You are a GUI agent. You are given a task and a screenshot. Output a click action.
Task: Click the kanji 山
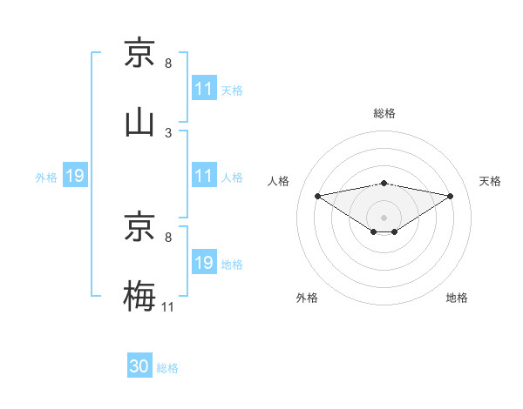point(139,123)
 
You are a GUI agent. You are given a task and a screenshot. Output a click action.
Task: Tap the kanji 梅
point(139,295)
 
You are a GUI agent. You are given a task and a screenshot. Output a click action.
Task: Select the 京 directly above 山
point(139,53)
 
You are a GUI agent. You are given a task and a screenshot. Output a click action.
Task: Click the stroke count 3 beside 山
point(167,133)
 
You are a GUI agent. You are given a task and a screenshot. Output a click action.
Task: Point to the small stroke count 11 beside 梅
point(167,306)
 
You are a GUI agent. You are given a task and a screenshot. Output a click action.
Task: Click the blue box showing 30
point(139,366)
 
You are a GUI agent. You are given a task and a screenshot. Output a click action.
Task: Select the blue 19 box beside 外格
point(75,177)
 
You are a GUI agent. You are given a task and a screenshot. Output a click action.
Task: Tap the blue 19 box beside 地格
point(204,263)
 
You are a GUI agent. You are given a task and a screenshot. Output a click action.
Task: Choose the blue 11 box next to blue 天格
point(204,89)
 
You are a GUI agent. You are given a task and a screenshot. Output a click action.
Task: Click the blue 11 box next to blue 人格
point(204,176)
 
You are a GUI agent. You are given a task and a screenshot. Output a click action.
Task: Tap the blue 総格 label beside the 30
point(167,368)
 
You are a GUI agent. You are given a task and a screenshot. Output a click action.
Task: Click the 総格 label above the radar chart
point(384,113)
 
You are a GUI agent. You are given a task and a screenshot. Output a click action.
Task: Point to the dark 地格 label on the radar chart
point(457,298)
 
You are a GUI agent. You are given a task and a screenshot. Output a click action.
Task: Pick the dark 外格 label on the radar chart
point(307,298)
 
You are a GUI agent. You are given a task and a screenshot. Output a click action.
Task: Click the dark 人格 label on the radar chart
point(279,181)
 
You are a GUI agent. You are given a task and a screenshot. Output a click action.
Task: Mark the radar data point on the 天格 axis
point(451,196)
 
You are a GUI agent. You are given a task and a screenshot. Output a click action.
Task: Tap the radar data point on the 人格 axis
point(318,196)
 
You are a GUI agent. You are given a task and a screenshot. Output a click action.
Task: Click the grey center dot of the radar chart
point(384,217)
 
